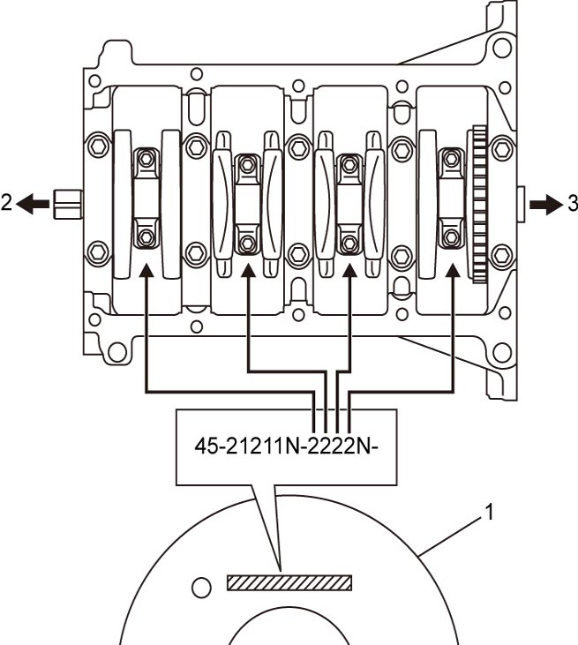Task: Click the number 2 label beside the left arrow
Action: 6,203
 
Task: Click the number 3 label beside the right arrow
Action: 572,203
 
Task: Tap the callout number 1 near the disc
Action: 489,513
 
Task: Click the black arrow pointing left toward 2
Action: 33,204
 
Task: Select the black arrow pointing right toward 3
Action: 545,204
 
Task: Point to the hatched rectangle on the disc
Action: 289,583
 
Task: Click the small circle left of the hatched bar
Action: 201,588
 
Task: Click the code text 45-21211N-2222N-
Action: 286,446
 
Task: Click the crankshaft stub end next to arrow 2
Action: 68,204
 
